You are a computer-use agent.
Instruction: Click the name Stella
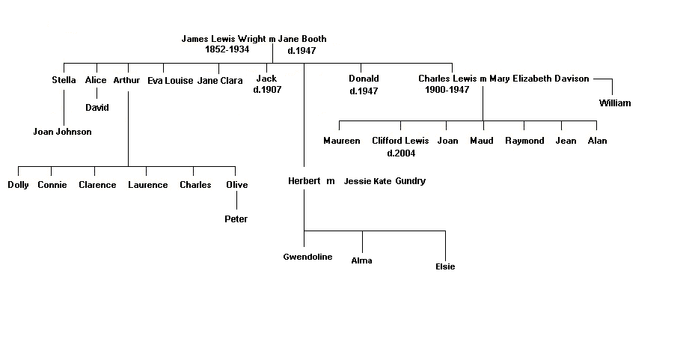[x=64, y=80]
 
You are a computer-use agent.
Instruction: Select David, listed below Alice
[x=97, y=107]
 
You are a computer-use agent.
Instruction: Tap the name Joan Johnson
[x=62, y=132]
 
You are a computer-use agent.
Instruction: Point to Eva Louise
[x=170, y=80]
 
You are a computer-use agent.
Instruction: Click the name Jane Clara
[x=220, y=80]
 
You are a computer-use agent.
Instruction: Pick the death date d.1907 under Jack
[x=266, y=90]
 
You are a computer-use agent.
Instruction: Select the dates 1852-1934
[x=227, y=49]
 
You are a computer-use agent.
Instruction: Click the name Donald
[x=364, y=79]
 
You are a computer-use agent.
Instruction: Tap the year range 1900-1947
[x=447, y=89]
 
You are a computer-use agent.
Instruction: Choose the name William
[x=615, y=103]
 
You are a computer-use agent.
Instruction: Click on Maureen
[x=341, y=141]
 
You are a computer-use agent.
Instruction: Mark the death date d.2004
[x=401, y=153]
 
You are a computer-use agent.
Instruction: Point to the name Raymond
[x=524, y=141]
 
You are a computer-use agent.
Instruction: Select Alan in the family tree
[x=597, y=141]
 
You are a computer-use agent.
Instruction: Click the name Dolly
[x=18, y=185]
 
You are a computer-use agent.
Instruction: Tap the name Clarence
[x=97, y=185]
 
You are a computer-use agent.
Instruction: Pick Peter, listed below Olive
[x=236, y=219]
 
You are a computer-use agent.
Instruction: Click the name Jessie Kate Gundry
[x=385, y=181]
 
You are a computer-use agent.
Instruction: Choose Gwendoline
[x=307, y=257]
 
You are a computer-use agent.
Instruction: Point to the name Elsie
[x=445, y=266]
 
